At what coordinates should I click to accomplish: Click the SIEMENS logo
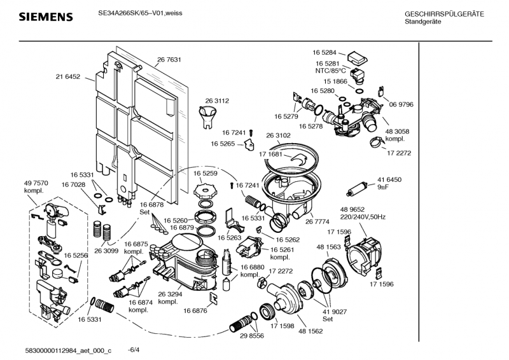(46, 17)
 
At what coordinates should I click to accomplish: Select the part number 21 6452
(68, 77)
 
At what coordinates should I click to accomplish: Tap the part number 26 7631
(169, 60)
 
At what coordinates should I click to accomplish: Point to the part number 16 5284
(324, 53)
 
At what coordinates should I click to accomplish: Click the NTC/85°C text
(330, 71)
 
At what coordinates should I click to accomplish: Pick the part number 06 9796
(401, 104)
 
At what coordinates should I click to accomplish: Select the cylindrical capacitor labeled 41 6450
(357, 190)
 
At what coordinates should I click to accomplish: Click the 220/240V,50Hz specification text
(363, 217)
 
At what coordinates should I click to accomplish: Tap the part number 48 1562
(310, 331)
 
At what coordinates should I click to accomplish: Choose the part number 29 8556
(252, 336)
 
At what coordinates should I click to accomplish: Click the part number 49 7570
(36, 183)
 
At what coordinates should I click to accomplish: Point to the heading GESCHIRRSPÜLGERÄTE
(444, 14)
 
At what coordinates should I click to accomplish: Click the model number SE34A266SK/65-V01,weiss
(140, 13)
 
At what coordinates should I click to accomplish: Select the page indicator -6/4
(134, 350)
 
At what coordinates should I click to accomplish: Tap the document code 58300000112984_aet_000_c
(68, 350)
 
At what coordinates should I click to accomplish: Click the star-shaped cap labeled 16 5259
(205, 190)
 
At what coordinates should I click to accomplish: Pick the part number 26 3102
(278, 135)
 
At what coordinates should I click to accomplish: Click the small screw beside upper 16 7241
(251, 133)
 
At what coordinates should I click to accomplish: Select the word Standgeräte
(423, 22)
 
